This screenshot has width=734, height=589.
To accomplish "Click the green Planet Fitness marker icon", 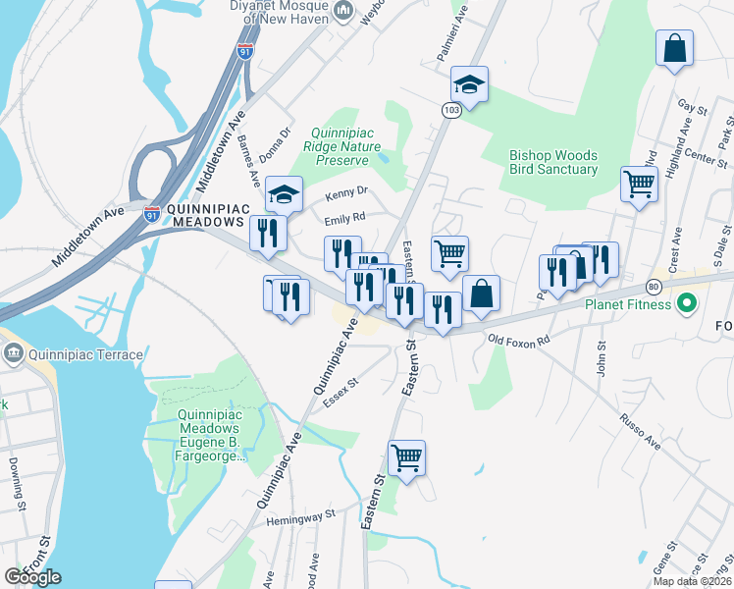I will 687,304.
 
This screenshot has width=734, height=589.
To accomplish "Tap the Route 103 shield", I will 450,111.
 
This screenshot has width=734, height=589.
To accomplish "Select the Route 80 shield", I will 654,287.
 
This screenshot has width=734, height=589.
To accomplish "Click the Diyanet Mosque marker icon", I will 343,11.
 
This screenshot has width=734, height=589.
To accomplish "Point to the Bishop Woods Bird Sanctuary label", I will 553,162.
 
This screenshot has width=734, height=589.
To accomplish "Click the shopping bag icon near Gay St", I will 674,49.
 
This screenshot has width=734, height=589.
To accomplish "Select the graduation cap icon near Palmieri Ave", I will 469,85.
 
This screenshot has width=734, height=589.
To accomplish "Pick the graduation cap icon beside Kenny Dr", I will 284,194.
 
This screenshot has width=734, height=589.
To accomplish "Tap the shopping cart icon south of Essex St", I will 406,457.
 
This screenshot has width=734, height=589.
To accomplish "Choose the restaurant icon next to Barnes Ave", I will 267,234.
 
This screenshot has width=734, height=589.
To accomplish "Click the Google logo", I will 31,576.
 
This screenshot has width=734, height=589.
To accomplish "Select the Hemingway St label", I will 302,514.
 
